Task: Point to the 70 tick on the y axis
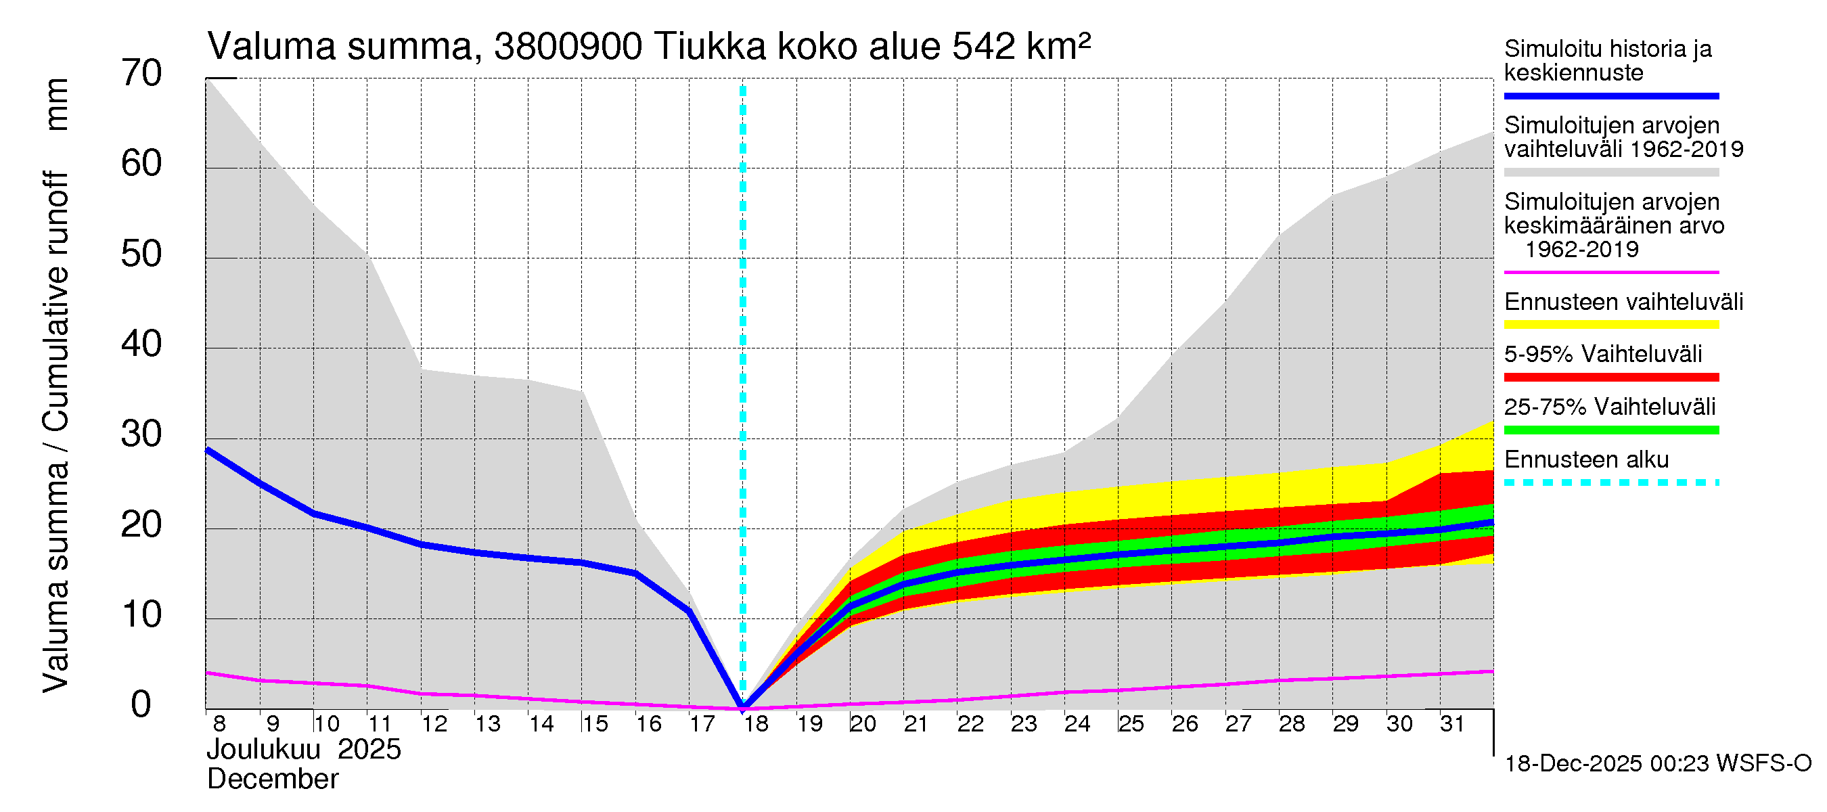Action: pyautogui.click(x=141, y=74)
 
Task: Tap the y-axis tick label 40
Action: pyautogui.click(x=141, y=344)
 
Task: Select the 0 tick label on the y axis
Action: pyautogui.click(x=141, y=705)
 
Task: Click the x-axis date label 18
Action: pyautogui.click(x=756, y=724)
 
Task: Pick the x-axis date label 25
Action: pyautogui.click(x=1131, y=724)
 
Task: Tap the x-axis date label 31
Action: pyautogui.click(x=1453, y=724)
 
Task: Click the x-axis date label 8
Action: pyautogui.click(x=219, y=724)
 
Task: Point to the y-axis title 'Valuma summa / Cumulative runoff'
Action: pyautogui.click(x=55, y=432)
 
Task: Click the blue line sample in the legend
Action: pyautogui.click(x=1610, y=95)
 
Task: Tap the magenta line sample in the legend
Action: pyautogui.click(x=1610, y=272)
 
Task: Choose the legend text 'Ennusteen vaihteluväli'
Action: pyautogui.click(x=1623, y=302)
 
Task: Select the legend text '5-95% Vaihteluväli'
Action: pyautogui.click(x=1602, y=354)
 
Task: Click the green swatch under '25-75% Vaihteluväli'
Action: pyautogui.click(x=1610, y=430)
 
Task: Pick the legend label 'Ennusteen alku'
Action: pyautogui.click(x=1586, y=459)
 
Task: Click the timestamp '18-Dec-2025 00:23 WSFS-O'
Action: pyautogui.click(x=1657, y=764)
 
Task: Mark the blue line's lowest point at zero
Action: pyautogui.click(x=742, y=707)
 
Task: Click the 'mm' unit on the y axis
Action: pyautogui.click(x=57, y=104)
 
